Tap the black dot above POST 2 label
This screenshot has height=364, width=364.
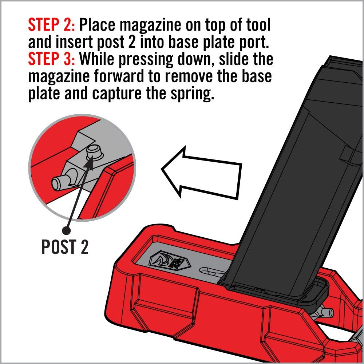pyautogui.click(x=66, y=230)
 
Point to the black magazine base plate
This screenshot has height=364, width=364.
pyautogui.click(x=277, y=291)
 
